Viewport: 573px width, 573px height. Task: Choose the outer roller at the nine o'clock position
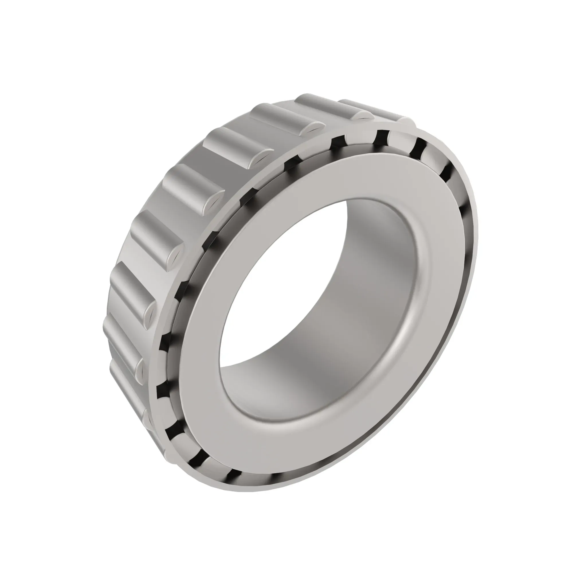tap(130, 285)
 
